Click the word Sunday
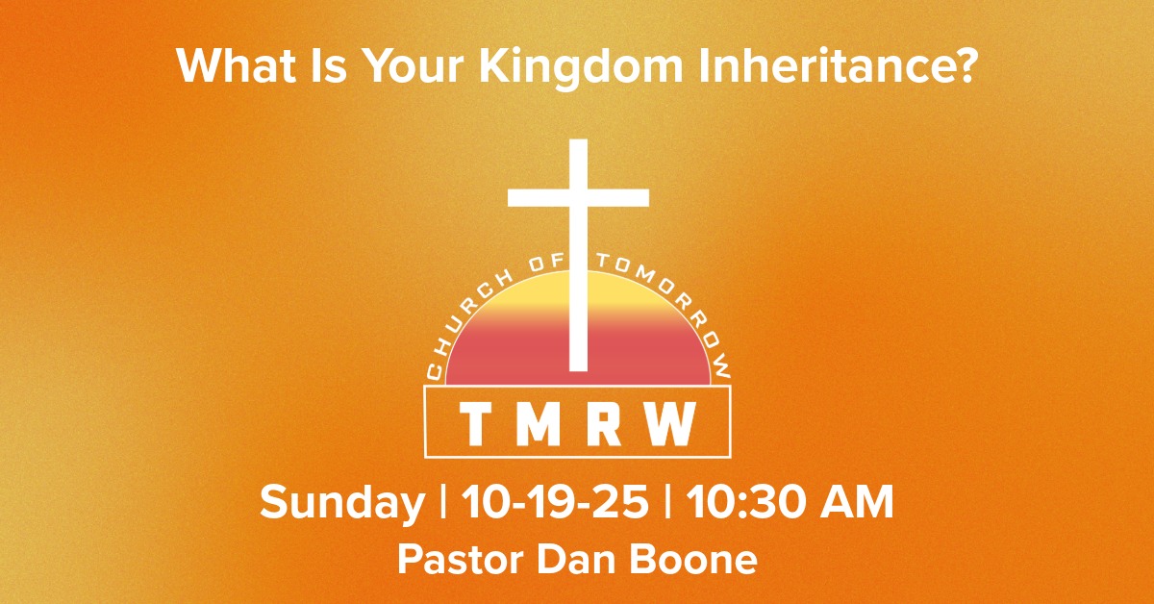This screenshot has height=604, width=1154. tap(342, 502)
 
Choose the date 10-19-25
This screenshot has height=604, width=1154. tap(555, 502)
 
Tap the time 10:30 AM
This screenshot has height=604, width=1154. tap(789, 502)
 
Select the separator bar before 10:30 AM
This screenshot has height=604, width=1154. tap(667, 502)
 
